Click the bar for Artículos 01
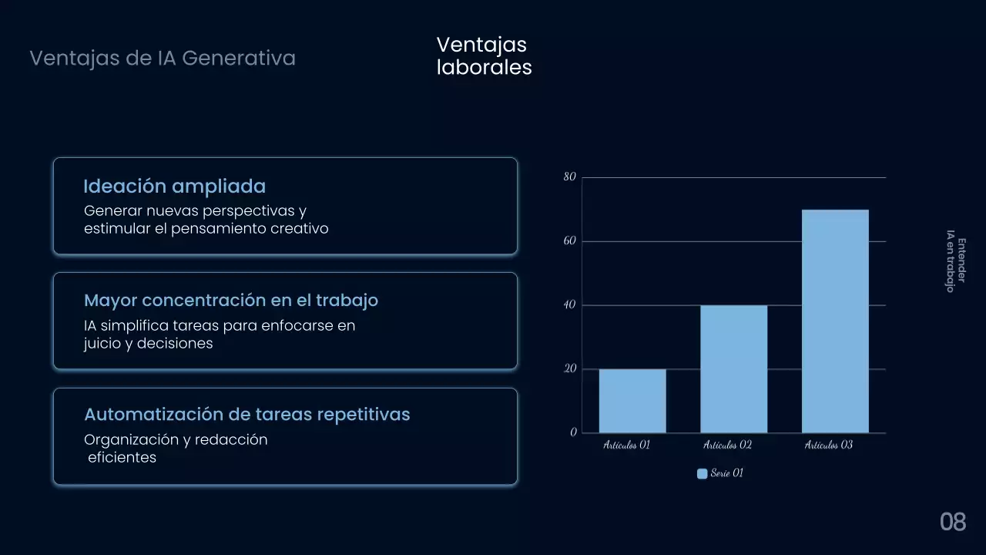point(632,401)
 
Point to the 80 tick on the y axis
point(569,177)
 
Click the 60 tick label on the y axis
point(569,241)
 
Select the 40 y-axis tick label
point(569,305)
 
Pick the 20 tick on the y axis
point(569,369)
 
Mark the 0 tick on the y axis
point(573,432)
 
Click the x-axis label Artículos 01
point(626,446)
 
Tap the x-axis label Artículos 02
point(727,446)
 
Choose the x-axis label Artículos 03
point(829,446)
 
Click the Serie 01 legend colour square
point(702,474)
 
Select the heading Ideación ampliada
point(174,187)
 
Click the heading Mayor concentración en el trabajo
point(231,301)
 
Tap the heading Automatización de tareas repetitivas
point(246,415)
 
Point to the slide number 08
point(953,522)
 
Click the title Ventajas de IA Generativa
point(163,58)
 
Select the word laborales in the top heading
point(485,68)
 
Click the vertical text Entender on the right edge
point(961,261)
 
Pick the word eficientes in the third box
point(122,458)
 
